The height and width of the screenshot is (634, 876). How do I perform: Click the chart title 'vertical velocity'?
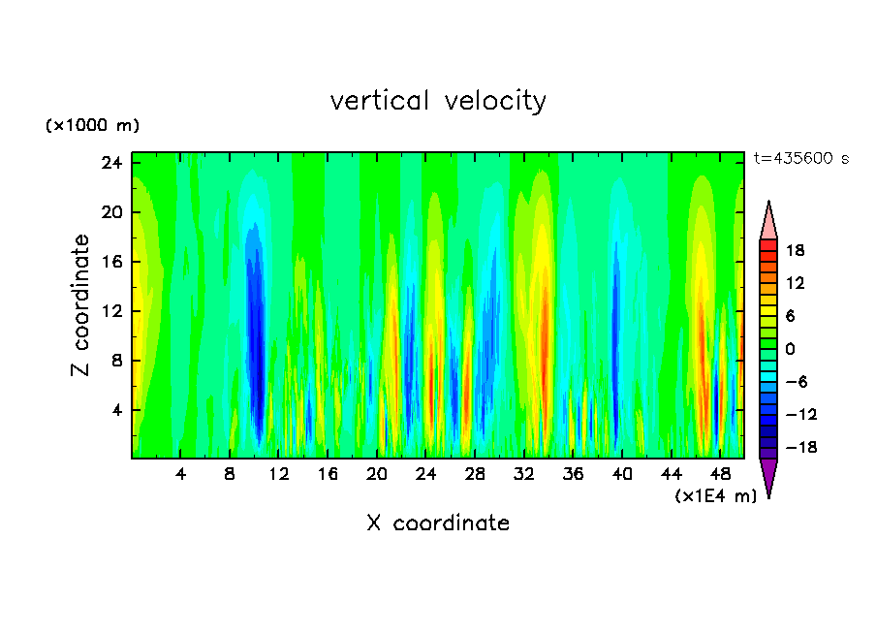[438, 101]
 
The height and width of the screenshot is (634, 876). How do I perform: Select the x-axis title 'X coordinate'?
[438, 523]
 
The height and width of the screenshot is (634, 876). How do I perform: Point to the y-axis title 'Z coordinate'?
[81, 305]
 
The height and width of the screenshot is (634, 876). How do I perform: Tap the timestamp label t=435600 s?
[800, 159]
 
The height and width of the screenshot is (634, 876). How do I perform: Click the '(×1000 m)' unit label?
[93, 126]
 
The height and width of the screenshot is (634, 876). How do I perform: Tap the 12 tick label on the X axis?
[279, 474]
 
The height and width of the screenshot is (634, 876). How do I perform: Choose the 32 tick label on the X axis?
[524, 474]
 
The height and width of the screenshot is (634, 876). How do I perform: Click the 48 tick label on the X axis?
[720, 474]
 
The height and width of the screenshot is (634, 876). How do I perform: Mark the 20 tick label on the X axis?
[377, 474]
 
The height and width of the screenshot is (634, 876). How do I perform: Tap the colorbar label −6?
[794, 382]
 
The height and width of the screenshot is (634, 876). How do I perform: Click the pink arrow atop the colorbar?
[768, 221]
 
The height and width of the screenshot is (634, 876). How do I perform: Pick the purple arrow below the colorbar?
[768, 476]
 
